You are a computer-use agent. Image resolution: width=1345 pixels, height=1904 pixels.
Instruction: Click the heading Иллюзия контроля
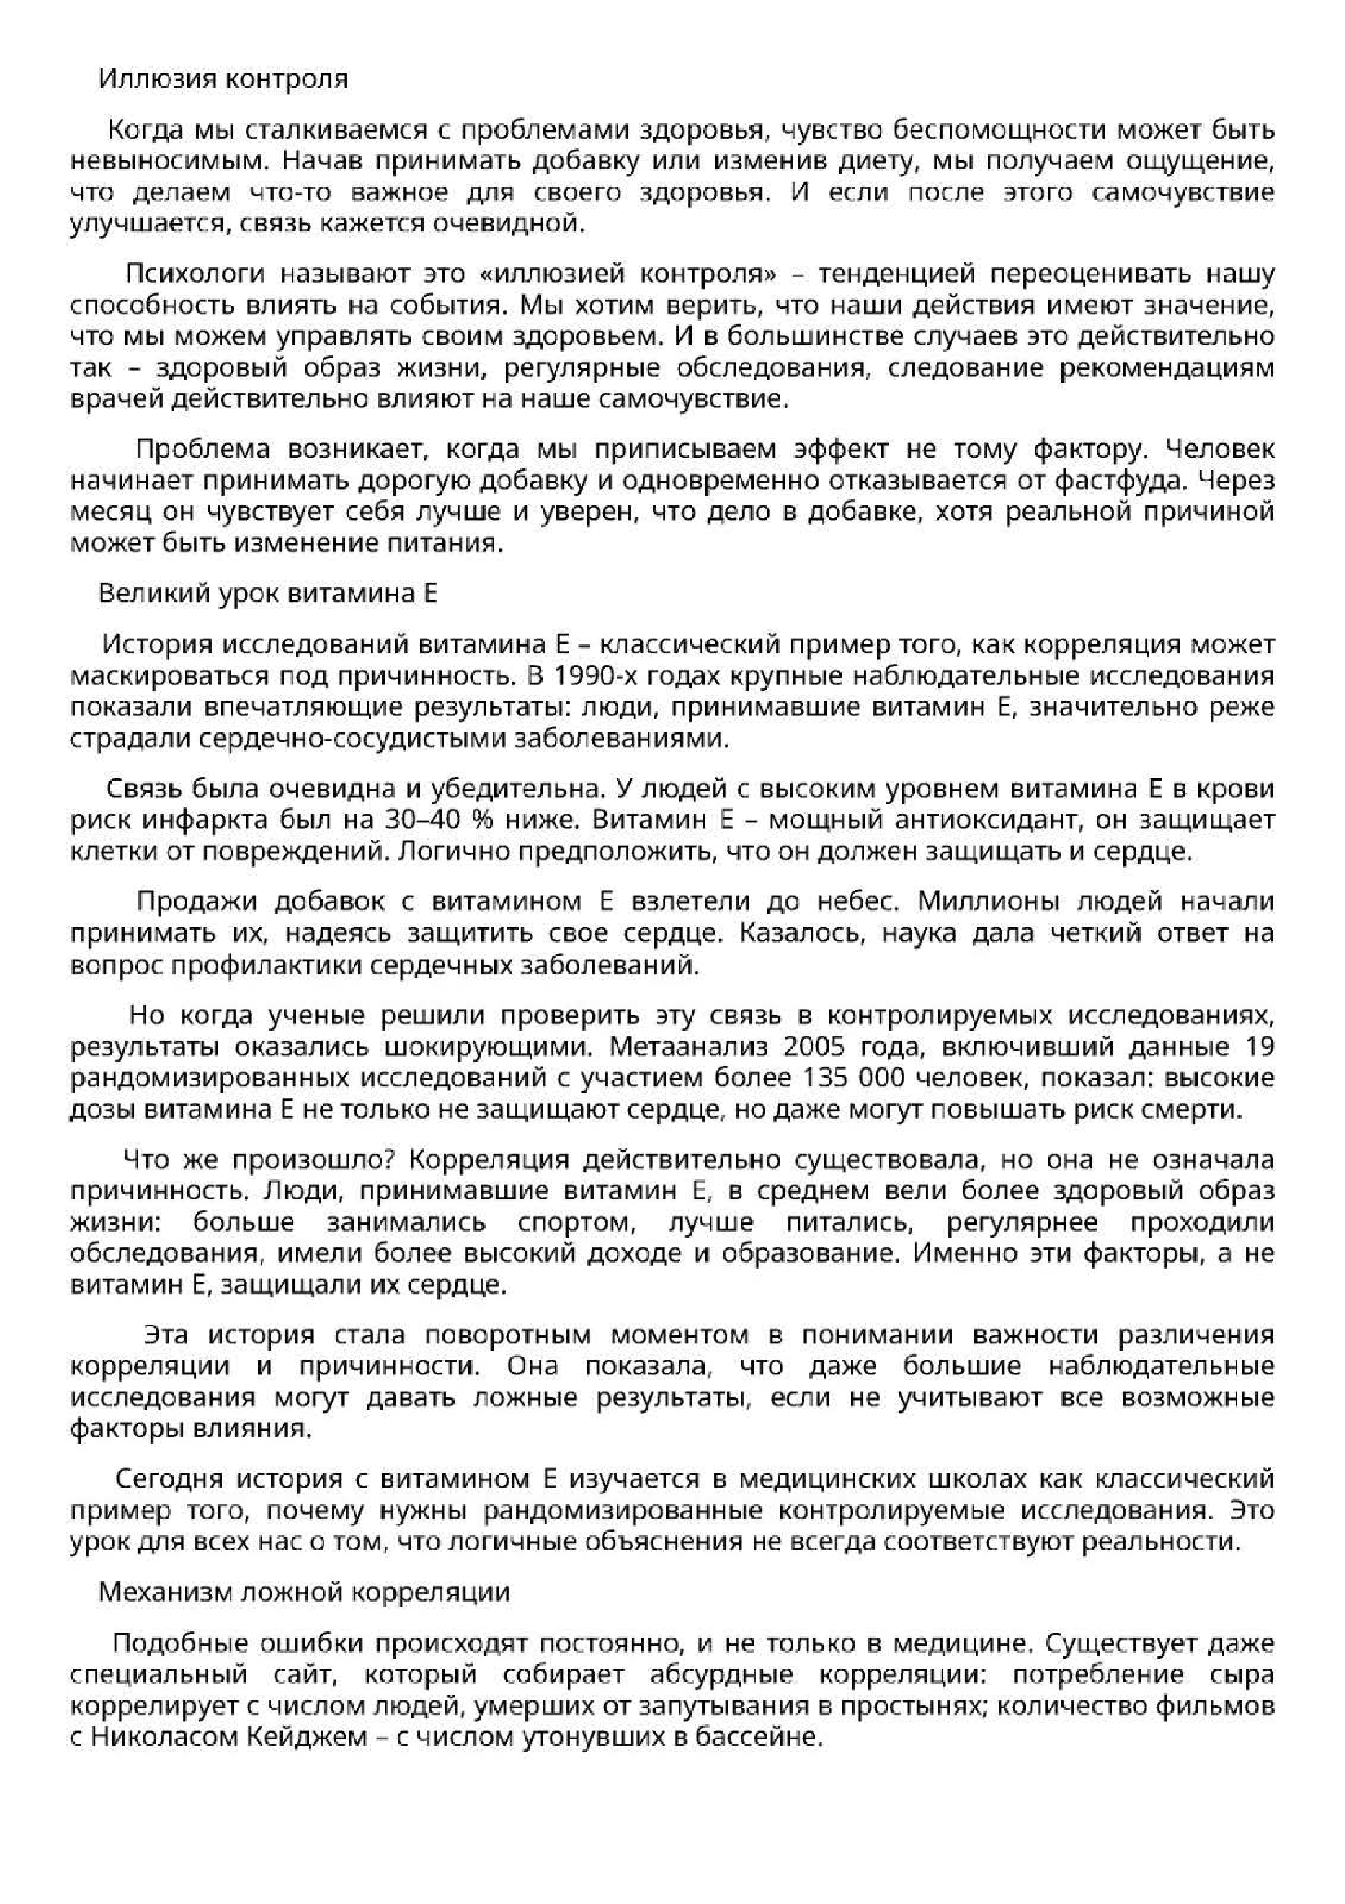[223, 79]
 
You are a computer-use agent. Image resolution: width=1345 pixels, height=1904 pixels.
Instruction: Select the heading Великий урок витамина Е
[267, 593]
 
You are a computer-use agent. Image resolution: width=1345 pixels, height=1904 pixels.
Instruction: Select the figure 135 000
[856, 1078]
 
